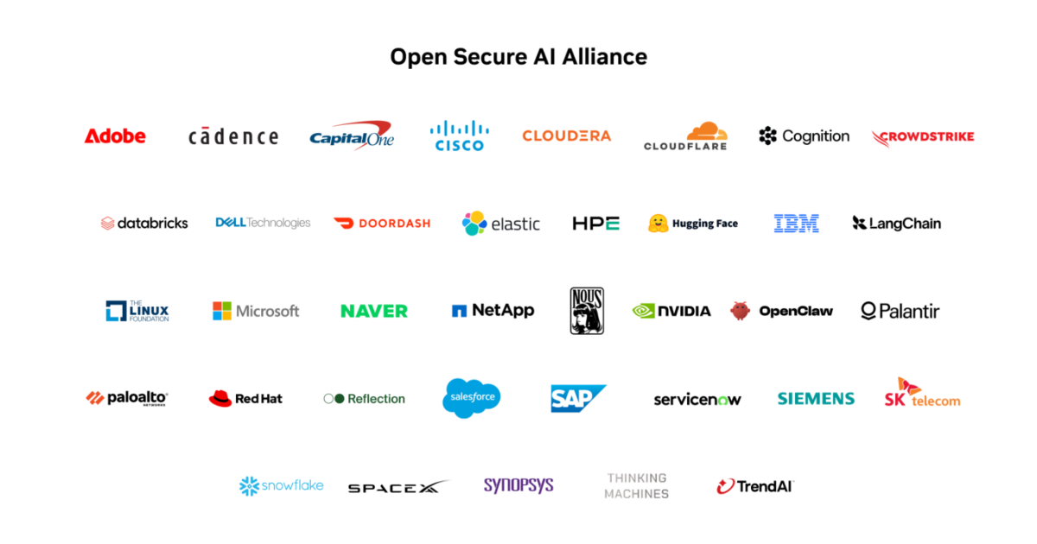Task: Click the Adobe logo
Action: click(115, 136)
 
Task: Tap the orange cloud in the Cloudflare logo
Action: click(707, 131)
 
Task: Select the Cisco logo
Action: click(459, 136)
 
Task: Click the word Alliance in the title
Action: click(605, 57)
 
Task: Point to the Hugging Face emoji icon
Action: click(658, 224)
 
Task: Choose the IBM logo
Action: click(796, 224)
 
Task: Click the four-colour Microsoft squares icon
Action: click(222, 311)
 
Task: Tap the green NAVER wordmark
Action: click(374, 311)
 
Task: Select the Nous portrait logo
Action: click(587, 311)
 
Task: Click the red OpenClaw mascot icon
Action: click(740, 310)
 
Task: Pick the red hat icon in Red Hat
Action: click(220, 398)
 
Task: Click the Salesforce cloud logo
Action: click(471, 398)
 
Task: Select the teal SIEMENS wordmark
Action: click(816, 398)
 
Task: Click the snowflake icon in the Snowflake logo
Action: click(249, 486)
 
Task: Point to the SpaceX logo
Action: click(398, 487)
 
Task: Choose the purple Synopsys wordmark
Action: click(518, 485)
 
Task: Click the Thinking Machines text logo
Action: click(637, 485)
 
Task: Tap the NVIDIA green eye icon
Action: click(644, 311)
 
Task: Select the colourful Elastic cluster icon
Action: click(474, 224)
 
